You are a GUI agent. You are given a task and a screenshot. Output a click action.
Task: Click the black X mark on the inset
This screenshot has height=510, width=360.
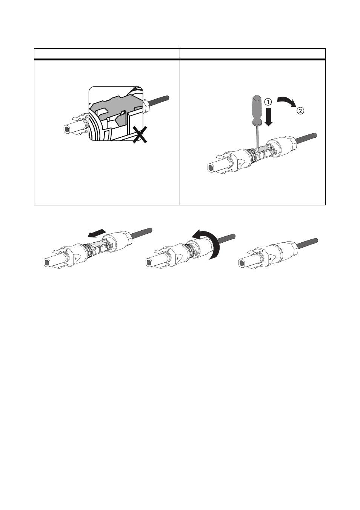[140, 135]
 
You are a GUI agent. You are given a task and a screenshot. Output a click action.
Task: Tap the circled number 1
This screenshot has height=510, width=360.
[268, 102]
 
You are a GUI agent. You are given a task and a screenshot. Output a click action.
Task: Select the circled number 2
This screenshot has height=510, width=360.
[300, 111]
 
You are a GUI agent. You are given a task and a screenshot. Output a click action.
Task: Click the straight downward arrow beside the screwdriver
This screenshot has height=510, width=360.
[269, 117]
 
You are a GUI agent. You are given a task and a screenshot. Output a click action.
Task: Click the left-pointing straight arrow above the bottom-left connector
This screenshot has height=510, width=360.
[97, 233]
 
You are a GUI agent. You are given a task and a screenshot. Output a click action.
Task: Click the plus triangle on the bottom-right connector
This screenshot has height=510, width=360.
[270, 259]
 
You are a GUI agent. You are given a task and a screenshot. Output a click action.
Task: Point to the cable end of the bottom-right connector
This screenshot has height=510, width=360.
[316, 240]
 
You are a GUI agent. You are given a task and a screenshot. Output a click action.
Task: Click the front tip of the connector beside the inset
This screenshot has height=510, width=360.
[66, 129]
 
